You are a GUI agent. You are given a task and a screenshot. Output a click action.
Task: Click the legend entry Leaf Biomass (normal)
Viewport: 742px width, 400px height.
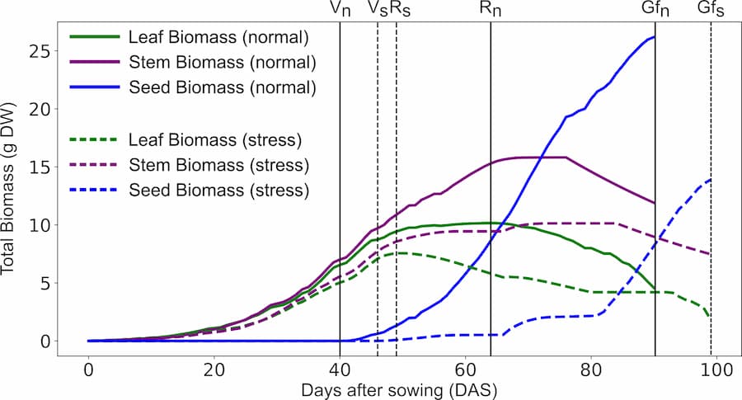tap(218, 37)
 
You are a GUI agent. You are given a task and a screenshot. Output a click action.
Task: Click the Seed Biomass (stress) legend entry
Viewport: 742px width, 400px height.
tap(219, 189)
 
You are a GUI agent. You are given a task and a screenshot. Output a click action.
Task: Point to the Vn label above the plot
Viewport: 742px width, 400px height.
tap(339, 10)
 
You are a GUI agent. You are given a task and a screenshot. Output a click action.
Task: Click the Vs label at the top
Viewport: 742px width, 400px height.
tap(378, 10)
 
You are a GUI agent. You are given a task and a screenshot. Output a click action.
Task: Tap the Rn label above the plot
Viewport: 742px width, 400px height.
tap(491, 10)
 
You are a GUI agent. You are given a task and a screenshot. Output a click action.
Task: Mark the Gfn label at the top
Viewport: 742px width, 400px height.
tap(655, 10)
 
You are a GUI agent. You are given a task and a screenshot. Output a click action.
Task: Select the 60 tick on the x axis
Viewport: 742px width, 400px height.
tap(465, 369)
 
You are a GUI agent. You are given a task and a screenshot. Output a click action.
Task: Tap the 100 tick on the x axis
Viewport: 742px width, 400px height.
tap(716, 369)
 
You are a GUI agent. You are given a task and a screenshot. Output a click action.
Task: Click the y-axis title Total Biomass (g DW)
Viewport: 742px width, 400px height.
tap(14, 191)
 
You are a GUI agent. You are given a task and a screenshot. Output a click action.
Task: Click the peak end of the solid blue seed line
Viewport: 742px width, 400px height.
tap(654, 37)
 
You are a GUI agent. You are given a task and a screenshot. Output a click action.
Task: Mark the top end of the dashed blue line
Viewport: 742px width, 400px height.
tap(710, 180)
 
